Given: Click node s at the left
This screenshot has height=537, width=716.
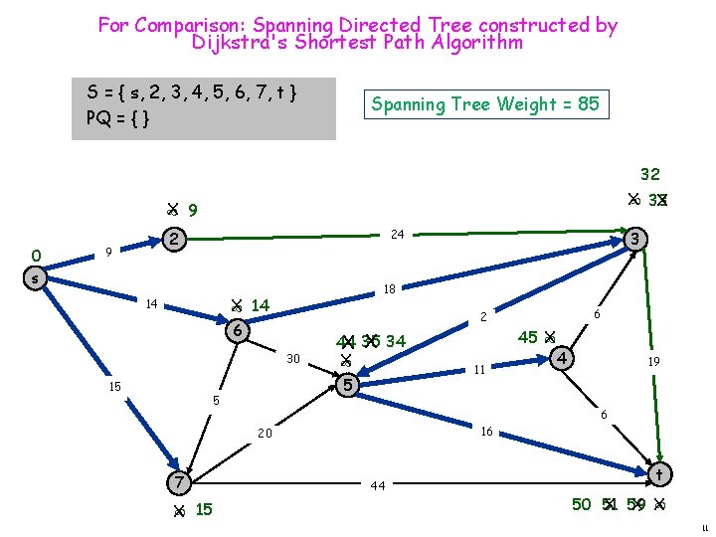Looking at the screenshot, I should click(x=36, y=279).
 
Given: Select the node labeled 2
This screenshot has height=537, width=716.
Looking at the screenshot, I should click(x=174, y=239).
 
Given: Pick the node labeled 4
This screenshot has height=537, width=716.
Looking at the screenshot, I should click(x=563, y=355).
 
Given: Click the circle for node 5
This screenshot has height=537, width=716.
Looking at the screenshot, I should click(x=347, y=384).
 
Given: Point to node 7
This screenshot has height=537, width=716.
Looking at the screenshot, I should click(x=179, y=481).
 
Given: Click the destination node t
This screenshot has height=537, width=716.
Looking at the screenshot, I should click(x=657, y=473).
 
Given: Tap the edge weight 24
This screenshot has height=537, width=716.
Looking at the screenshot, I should click(x=397, y=236).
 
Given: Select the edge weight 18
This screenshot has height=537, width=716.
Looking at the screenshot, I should click(x=390, y=289).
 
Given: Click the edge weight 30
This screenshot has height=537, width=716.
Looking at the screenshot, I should click(x=293, y=358).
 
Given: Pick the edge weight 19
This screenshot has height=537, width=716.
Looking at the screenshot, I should click(x=654, y=362).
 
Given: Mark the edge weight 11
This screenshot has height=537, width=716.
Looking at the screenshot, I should click(x=478, y=369).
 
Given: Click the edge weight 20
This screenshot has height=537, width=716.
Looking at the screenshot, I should click(x=265, y=434).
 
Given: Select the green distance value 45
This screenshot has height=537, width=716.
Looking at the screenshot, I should click(x=528, y=337).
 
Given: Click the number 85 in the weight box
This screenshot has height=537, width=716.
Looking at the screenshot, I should click(x=587, y=103).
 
